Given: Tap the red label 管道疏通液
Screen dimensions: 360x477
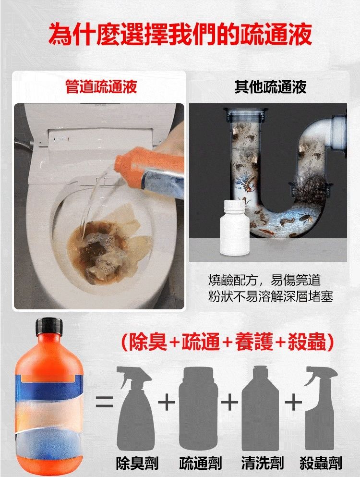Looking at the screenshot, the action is click(x=101, y=86).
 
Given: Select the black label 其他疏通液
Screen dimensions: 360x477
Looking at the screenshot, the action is click(x=270, y=87).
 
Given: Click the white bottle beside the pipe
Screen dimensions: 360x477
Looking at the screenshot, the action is click(x=234, y=227).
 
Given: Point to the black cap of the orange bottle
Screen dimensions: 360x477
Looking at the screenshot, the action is click(x=49, y=326).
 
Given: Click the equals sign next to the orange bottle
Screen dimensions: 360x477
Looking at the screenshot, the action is click(x=105, y=402).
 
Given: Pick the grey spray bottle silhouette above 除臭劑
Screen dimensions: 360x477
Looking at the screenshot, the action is click(x=134, y=408).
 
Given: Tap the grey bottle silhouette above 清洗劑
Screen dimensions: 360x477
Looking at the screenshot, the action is click(x=260, y=408).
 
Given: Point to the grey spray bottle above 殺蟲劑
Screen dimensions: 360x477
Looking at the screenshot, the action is click(x=321, y=408).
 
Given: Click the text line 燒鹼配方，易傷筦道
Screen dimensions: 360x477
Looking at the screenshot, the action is click(x=264, y=280).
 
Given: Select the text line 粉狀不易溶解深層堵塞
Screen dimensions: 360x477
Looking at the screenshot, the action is click(x=271, y=296).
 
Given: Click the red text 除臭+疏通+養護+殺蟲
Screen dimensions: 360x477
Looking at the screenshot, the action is click(x=228, y=342).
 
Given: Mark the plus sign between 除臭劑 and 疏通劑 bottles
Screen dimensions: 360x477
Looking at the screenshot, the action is click(x=167, y=402).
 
